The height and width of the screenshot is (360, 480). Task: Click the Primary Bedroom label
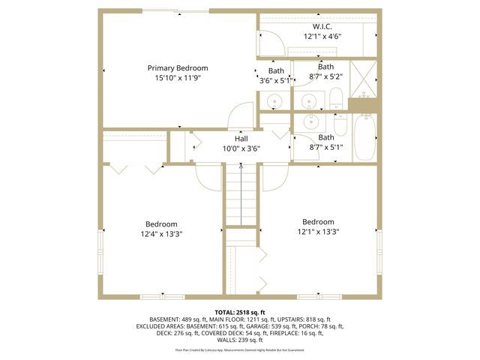click(177, 68)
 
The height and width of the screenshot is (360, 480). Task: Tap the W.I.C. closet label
click(323, 25)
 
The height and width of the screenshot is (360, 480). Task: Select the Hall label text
click(241, 139)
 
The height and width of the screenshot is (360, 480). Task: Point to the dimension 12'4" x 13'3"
click(162, 234)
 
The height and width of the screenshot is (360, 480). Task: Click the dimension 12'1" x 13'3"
click(318, 232)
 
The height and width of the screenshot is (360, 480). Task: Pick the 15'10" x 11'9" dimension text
click(177, 78)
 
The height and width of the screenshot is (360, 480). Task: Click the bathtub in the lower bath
click(364, 137)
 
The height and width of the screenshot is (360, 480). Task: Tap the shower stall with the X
click(365, 76)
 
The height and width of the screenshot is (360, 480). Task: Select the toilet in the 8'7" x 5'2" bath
click(336, 97)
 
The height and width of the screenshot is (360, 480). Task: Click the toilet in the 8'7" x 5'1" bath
click(340, 123)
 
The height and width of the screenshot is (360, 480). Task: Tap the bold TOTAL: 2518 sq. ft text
click(240, 311)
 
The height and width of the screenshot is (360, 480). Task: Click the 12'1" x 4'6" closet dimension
click(323, 36)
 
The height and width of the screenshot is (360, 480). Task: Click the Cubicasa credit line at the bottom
click(240, 349)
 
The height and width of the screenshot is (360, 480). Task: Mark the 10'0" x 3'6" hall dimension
click(241, 148)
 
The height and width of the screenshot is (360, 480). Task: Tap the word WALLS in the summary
click(222, 341)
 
